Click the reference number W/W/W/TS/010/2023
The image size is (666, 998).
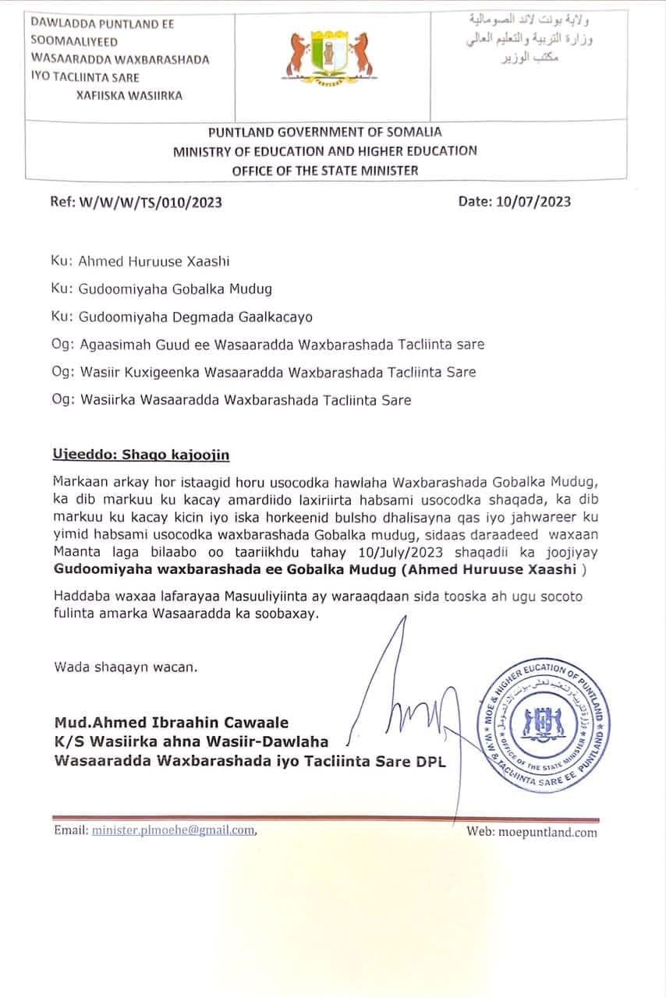pyautogui.click(x=136, y=202)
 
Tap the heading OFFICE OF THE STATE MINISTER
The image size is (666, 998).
pyautogui.click(x=324, y=170)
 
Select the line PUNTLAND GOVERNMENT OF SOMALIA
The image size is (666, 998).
pyautogui.click(x=324, y=133)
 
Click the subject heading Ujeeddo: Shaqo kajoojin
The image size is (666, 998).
pyautogui.click(x=141, y=455)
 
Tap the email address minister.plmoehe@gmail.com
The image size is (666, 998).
pyautogui.click(x=173, y=830)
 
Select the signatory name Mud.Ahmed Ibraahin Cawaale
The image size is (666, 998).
pyautogui.click(x=172, y=723)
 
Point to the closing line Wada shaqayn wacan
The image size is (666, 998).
pyautogui.click(x=126, y=667)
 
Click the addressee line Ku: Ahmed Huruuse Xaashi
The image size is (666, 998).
pyautogui.click(x=141, y=262)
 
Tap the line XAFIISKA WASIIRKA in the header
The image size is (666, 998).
pyautogui.click(x=129, y=96)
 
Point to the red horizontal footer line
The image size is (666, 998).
pyautogui.click(x=324, y=819)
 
